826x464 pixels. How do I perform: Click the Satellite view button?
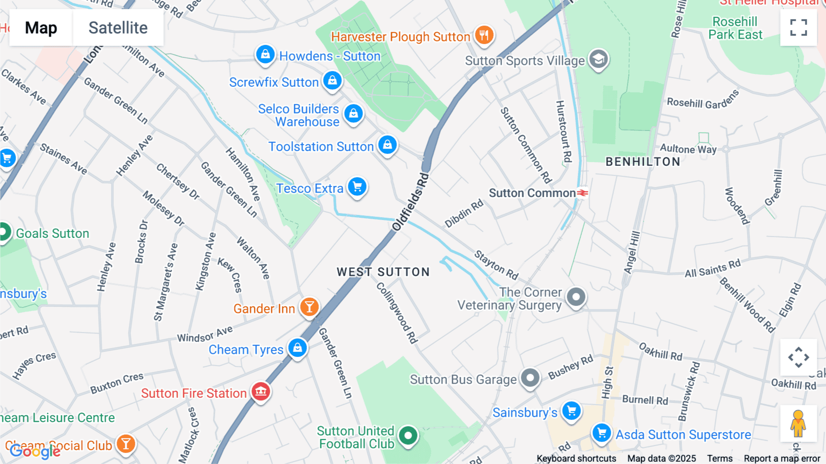coord(118,28)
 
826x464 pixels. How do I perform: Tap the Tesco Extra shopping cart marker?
coord(357,187)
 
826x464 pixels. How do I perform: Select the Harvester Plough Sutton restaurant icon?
coord(484,34)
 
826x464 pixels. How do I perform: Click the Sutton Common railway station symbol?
coord(582,193)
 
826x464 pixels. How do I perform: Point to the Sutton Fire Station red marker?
coord(261,391)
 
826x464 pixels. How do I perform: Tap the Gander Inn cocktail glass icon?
coord(309,306)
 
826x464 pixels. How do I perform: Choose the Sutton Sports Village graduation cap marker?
coord(598,59)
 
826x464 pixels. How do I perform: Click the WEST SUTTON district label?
coord(383,272)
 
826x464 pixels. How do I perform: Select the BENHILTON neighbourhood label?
coord(643,162)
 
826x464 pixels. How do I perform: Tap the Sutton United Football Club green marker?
coord(407,435)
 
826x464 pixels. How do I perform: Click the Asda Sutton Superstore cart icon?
coord(601,432)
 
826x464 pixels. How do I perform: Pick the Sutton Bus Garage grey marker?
coord(530,378)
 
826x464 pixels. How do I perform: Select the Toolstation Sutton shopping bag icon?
coord(387,145)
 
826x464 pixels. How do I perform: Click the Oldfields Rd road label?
coord(411,202)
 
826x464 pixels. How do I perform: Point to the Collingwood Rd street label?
coord(397,312)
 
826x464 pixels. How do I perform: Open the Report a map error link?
coord(781,458)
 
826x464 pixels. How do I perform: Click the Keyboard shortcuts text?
coord(576,458)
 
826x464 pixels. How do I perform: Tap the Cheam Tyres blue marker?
coord(297,347)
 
